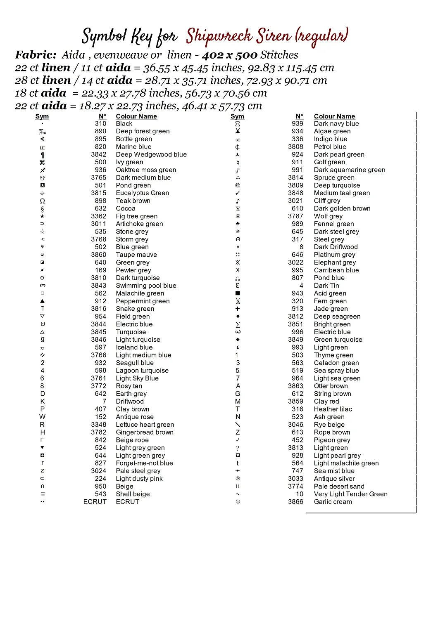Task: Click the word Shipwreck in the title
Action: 219,36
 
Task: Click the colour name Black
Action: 124,124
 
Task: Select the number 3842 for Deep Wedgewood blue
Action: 99,154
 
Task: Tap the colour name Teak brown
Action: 133,201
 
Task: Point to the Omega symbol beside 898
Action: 42,201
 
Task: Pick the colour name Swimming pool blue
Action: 146,286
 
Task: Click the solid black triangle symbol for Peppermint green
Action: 42,301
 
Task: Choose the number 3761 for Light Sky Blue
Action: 99,378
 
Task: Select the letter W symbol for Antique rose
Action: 42,417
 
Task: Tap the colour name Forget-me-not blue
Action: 144,463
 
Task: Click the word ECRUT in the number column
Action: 95,502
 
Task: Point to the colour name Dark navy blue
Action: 336,124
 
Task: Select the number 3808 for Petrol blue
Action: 295,147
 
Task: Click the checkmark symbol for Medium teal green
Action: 238,193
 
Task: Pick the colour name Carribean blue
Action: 336,270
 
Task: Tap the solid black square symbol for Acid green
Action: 238,293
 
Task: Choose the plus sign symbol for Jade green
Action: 238,309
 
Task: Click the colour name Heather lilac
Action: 333,409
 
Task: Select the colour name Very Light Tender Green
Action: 350,494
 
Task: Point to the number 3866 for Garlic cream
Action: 295,502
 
